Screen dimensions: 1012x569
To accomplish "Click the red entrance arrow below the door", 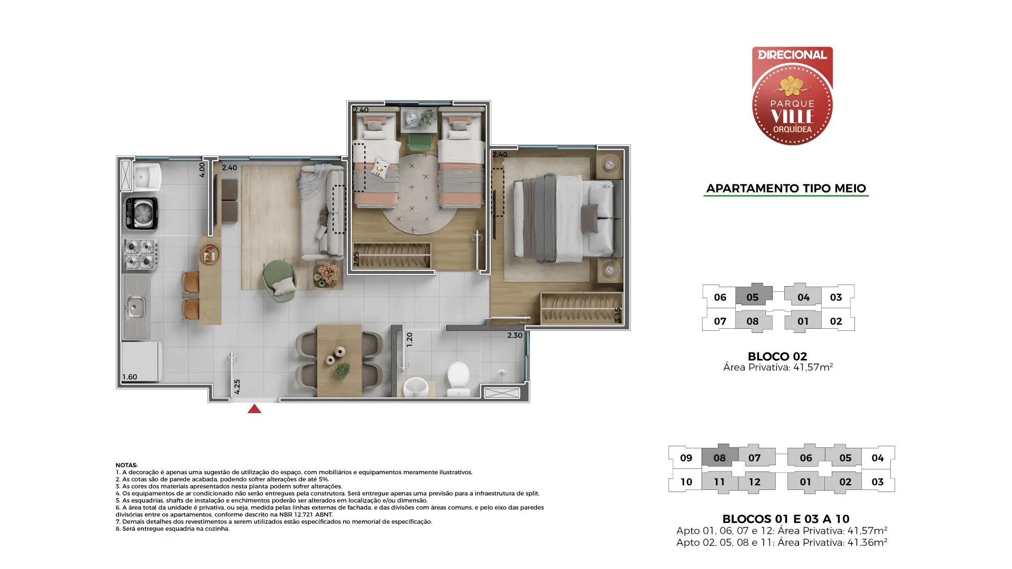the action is [254, 409].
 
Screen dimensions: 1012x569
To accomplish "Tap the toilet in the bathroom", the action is [458, 379].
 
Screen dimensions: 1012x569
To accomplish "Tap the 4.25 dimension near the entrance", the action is [237, 387].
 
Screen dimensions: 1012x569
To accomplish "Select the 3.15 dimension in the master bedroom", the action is [617, 315].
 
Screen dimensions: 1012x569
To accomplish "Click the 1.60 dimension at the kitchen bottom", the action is [130, 377].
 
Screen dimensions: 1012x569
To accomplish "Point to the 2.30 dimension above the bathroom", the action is [514, 335].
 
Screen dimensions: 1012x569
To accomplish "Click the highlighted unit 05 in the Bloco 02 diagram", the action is [753, 297].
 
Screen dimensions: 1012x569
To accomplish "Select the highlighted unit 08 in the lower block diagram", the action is [719, 457].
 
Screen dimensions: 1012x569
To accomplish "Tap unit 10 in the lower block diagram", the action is [686, 482].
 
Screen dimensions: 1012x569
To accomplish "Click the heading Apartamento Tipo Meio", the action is [786, 188].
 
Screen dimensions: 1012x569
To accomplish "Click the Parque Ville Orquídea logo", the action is [792, 96].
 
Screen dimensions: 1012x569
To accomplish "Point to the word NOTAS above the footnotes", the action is [126, 465].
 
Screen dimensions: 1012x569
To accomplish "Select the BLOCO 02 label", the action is [777, 356].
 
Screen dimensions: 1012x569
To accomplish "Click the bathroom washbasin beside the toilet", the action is [416, 387].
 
